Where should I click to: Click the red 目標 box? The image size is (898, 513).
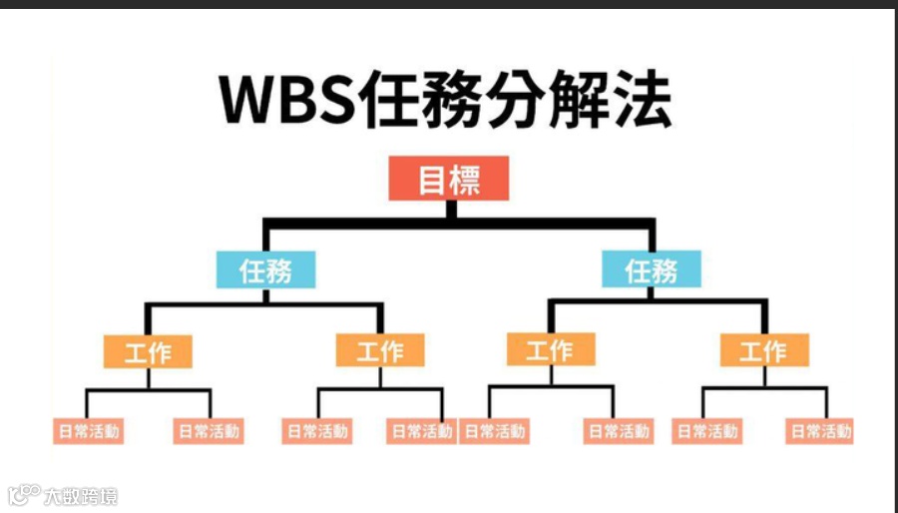coord(449,181)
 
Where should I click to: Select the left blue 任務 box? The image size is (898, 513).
coord(266,269)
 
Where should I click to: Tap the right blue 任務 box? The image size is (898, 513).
coord(651,269)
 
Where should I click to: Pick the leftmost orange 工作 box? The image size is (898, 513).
coord(147,351)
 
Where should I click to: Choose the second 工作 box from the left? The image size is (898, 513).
coord(380,351)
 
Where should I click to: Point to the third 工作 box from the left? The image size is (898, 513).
coord(550,350)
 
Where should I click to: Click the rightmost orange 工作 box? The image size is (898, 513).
coord(764,351)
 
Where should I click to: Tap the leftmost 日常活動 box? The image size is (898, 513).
coord(88,432)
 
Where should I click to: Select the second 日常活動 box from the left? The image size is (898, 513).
coord(210,432)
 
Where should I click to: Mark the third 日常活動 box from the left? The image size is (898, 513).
coord(317,432)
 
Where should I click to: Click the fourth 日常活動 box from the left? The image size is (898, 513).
coord(420,432)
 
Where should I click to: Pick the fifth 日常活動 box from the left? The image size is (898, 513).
coord(495,432)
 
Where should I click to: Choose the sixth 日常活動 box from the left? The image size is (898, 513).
coord(618,432)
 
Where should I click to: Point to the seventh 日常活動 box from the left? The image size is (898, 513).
coord(707,432)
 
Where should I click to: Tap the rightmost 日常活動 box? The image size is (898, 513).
coord(820,432)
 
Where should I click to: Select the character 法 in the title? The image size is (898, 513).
coord(637,100)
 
